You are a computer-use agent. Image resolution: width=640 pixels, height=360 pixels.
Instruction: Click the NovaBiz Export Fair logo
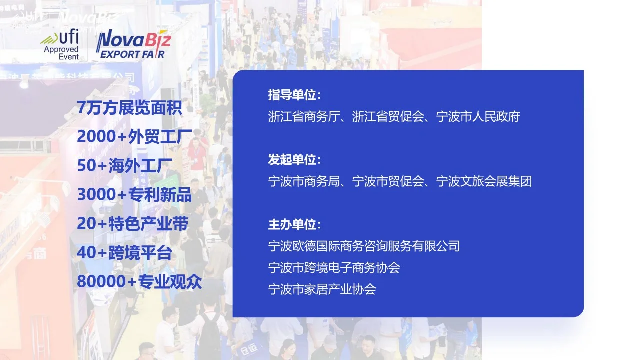pyautogui.click(x=133, y=45)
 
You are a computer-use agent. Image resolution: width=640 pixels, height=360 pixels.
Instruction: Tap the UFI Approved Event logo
pyautogui.click(x=61, y=45)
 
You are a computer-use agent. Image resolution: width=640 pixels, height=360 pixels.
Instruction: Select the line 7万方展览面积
pyautogui.click(x=129, y=107)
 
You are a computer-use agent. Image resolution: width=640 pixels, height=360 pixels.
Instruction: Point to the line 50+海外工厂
pyautogui.click(x=124, y=165)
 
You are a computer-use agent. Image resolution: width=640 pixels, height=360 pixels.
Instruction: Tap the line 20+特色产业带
pyautogui.click(x=132, y=223)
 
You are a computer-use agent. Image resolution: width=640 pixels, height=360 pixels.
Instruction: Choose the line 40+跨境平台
pyautogui.click(x=124, y=252)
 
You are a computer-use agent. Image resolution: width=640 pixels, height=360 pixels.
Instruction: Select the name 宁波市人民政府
pyautogui.click(x=478, y=117)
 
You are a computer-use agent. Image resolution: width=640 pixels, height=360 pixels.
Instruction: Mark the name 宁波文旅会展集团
pyautogui.click(x=484, y=181)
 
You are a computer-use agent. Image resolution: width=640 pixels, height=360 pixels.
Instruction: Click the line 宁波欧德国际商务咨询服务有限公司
pyautogui.click(x=364, y=246)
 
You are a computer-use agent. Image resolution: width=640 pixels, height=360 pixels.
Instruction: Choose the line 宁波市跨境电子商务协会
pyautogui.click(x=334, y=268)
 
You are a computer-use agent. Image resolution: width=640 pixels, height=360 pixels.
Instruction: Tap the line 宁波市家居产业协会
pyautogui.click(x=322, y=289)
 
